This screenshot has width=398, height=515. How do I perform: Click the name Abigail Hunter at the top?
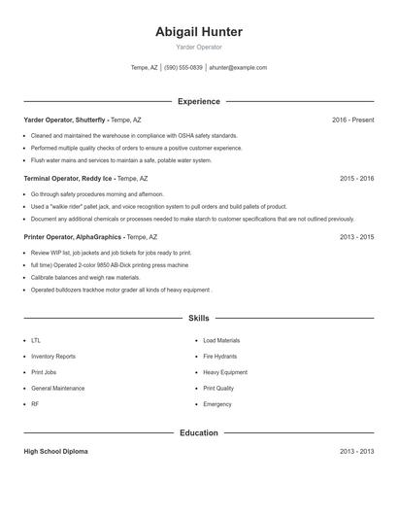tap(199, 32)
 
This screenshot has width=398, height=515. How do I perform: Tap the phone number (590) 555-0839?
tap(183, 68)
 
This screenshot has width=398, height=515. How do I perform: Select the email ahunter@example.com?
tap(238, 68)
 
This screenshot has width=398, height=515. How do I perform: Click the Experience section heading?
tap(199, 101)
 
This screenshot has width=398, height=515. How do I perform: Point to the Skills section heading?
tap(199, 318)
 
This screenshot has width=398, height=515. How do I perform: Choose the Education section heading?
tap(199, 432)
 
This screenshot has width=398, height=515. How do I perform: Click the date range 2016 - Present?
tap(352, 120)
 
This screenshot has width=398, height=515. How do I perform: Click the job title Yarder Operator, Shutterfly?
tap(64, 120)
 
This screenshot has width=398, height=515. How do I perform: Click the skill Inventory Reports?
tap(53, 357)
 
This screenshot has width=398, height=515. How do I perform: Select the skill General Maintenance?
tap(57, 388)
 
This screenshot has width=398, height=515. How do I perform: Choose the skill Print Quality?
tap(218, 388)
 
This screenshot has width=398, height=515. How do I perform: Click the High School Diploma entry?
tap(55, 452)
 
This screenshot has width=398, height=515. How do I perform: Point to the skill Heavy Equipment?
tap(225, 372)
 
